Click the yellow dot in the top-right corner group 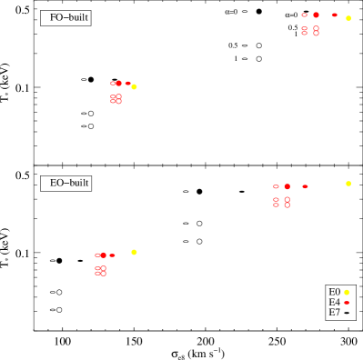(x=348, y=18)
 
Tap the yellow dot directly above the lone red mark (x=346, y=292)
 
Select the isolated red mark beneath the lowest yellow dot (x=346, y=303)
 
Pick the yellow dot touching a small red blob (x=134, y=86)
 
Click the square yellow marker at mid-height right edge (x=348, y=184)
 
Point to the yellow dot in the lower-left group (x=134, y=252)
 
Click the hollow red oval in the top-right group (x=304, y=15)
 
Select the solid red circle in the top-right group (x=316, y=15)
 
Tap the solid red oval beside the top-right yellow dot (x=334, y=15)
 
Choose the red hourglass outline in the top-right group (x=304, y=31)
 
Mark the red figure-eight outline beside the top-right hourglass (x=316, y=31)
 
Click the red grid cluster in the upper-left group (x=116, y=98)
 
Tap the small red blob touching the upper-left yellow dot (x=127, y=84)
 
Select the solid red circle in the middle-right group (x=287, y=186)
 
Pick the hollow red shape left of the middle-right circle (x=276, y=186)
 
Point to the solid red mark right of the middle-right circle (x=305, y=186)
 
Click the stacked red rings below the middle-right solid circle (x=287, y=202)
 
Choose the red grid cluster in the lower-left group (x=100, y=270)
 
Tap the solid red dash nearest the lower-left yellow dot (x=112, y=255)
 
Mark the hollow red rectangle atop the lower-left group (x=97, y=255)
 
